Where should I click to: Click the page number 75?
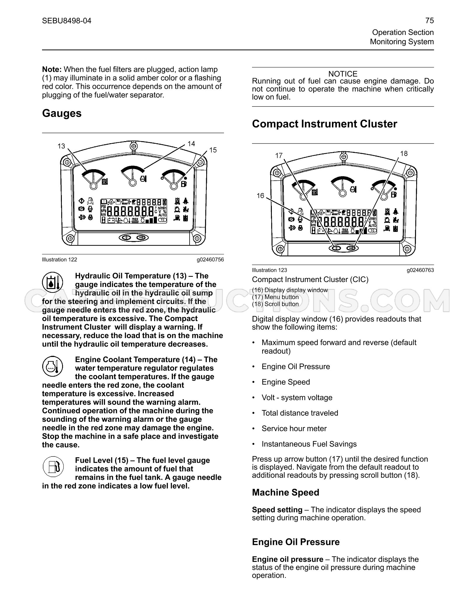coord(429,21)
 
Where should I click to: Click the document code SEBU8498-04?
coord(66,21)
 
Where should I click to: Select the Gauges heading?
coord(62,113)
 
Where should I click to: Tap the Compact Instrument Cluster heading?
coord(324,124)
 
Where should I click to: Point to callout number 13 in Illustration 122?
coord(61,146)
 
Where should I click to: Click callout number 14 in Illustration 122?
coord(191,143)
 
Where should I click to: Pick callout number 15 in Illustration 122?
coord(213,150)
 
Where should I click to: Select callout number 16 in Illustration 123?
coord(260,196)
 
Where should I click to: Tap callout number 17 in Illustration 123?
coord(279,155)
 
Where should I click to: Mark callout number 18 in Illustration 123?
coord(404,153)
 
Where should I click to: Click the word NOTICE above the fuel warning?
coord(343,74)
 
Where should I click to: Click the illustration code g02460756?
coord(210,260)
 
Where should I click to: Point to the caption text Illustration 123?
coord(269,270)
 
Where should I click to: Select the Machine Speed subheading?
coord(286,492)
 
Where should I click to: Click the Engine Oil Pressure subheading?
coord(296,542)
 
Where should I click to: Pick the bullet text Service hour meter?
coord(294,428)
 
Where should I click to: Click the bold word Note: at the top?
coord(52,69)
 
